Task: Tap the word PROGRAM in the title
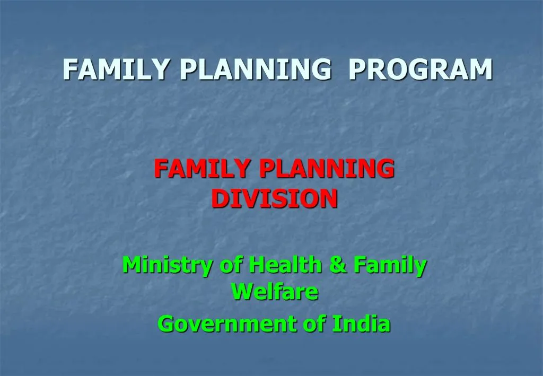(x=421, y=69)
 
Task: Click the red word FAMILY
(x=202, y=169)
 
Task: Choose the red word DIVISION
(x=275, y=198)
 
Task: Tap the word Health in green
(x=284, y=265)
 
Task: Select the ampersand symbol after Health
(x=336, y=265)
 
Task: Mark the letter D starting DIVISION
(x=218, y=198)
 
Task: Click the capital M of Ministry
(x=130, y=265)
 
